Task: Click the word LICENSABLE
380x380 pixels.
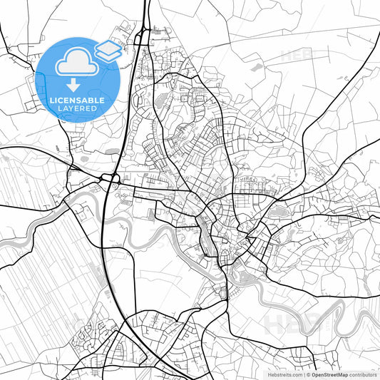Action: (77, 101)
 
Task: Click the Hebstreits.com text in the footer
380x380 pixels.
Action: (284, 374)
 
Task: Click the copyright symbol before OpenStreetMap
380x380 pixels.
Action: (307, 374)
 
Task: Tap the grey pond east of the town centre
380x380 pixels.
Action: (279, 209)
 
